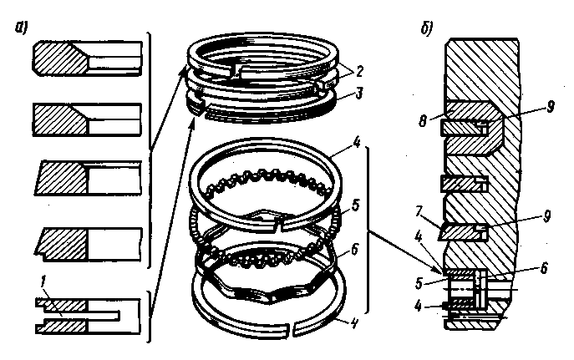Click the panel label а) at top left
[21, 28]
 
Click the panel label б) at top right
[427, 28]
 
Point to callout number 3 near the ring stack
[359, 93]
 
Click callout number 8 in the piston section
[423, 121]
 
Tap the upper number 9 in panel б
[550, 106]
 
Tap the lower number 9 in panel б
[546, 216]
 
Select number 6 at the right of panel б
[544, 268]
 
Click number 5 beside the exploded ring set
[355, 205]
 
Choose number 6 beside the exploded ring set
[354, 250]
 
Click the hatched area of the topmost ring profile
[60, 58]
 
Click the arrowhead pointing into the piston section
[440, 271]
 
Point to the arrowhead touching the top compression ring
[182, 72]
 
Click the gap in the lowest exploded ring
[290, 327]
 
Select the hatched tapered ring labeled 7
[463, 232]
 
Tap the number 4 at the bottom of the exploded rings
[353, 323]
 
